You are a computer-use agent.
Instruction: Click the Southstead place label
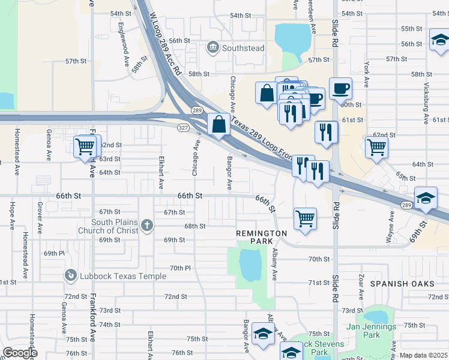click(x=243, y=48)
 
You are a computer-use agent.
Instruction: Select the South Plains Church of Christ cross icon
click(x=148, y=226)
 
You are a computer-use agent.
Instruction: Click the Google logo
click(x=20, y=353)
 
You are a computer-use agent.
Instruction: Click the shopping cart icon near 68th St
click(x=305, y=218)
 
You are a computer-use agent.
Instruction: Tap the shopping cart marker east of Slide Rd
click(x=376, y=147)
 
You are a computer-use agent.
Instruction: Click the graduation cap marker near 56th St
click(x=439, y=40)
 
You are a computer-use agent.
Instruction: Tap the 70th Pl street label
click(x=179, y=268)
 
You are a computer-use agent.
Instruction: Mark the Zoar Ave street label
click(x=361, y=287)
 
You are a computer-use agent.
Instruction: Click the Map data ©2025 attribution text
click(x=423, y=355)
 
